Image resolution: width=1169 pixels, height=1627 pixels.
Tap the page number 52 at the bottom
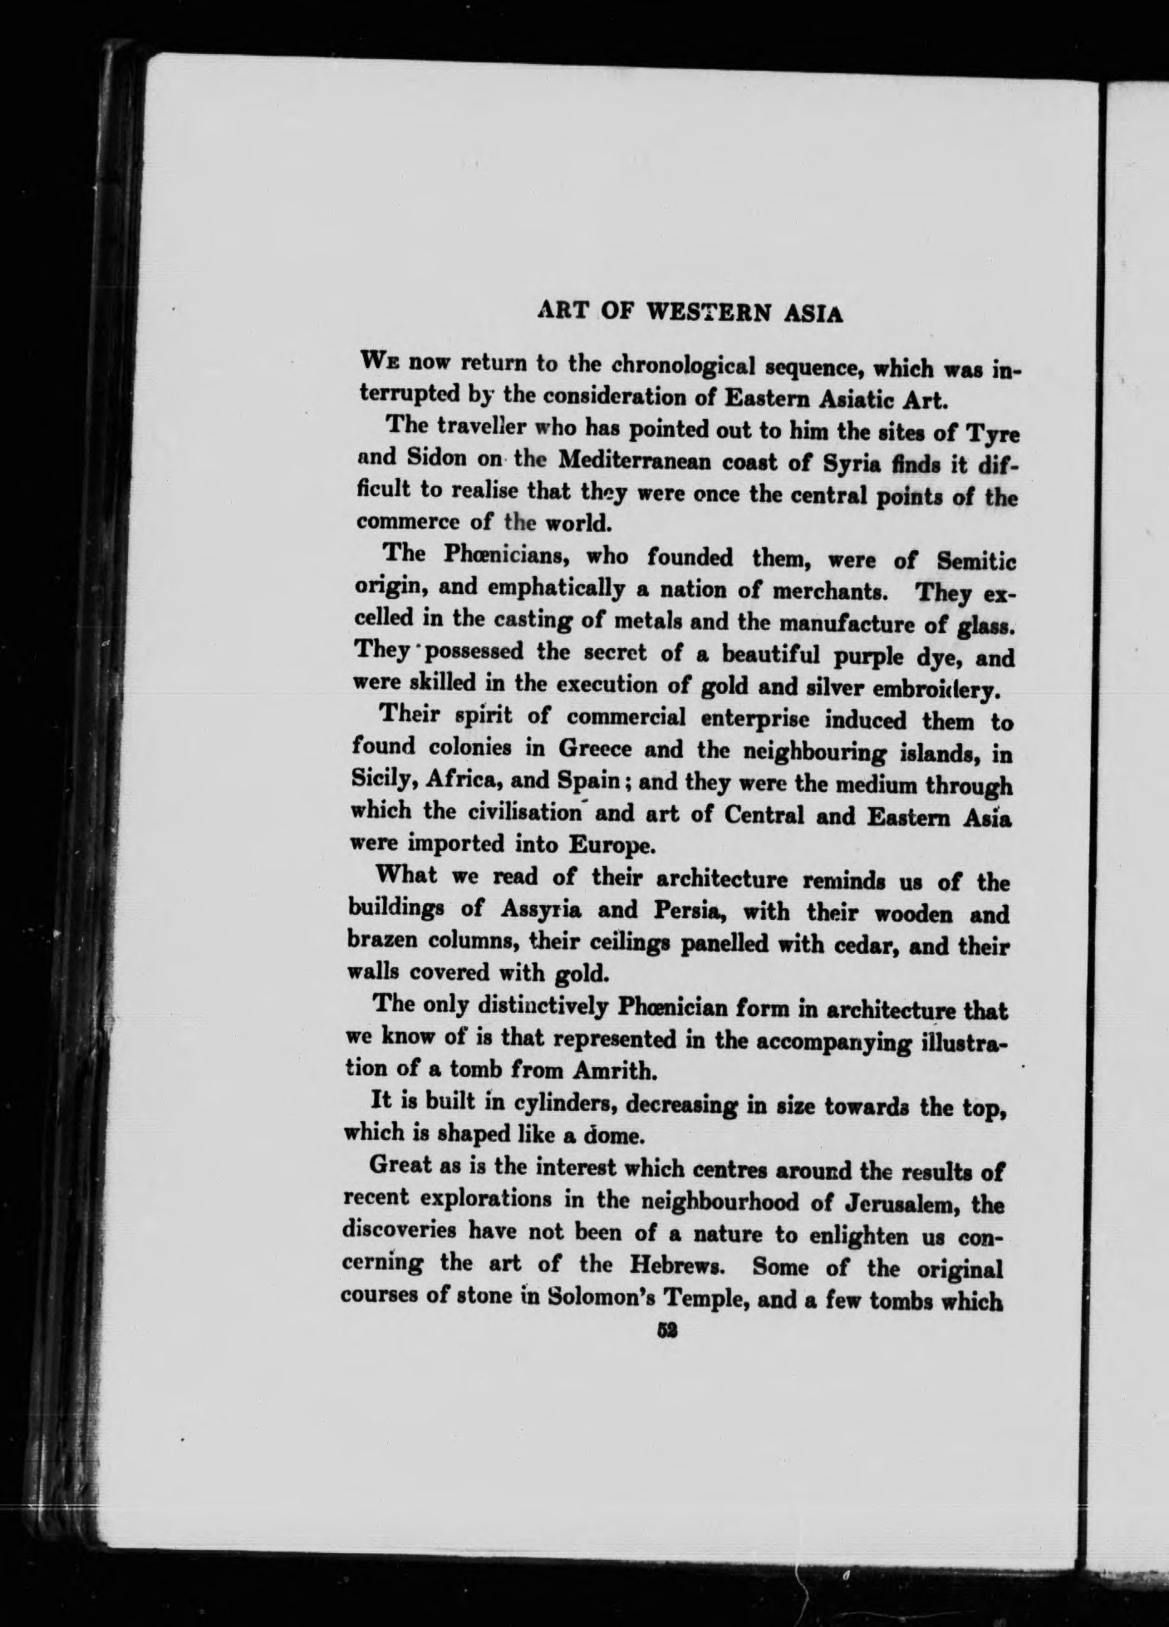tap(665, 1329)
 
